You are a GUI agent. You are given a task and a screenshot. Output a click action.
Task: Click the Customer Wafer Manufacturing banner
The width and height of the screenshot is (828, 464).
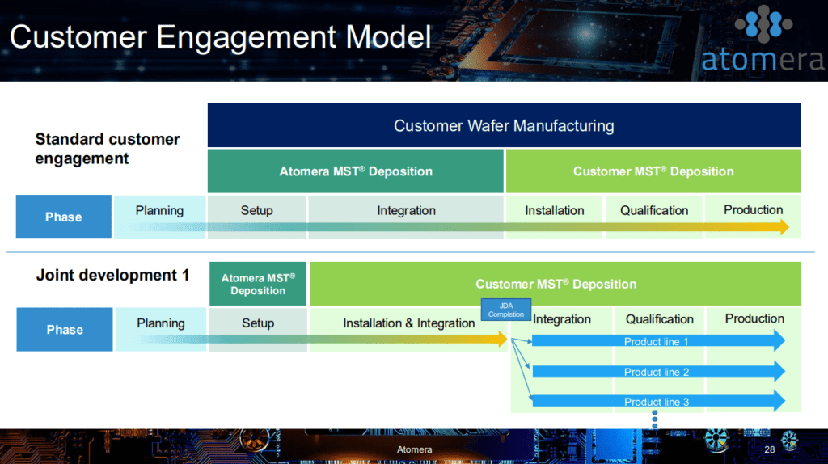504,125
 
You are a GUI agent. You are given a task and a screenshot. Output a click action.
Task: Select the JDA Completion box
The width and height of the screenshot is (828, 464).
506,310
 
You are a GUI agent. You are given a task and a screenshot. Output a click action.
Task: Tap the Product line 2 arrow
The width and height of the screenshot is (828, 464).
658,372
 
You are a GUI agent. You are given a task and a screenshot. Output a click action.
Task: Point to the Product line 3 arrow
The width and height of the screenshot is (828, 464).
658,402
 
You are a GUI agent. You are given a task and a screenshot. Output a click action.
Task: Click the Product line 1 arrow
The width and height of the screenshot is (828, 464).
658,341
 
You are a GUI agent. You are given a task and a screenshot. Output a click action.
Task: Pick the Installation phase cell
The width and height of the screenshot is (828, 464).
554,217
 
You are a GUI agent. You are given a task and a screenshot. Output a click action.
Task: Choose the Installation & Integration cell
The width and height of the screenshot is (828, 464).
408,329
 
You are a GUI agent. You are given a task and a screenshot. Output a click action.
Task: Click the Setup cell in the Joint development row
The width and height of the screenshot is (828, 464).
258,329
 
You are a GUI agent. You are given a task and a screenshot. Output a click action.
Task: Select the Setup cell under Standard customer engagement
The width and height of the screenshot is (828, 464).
256,217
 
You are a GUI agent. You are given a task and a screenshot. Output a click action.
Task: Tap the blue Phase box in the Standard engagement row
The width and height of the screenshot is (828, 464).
63,217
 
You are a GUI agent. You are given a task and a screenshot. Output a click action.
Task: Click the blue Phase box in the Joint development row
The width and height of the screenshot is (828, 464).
65,329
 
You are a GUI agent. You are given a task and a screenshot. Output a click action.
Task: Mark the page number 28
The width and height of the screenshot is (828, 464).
770,449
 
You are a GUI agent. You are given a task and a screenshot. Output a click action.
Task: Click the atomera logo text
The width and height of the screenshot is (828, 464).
762,59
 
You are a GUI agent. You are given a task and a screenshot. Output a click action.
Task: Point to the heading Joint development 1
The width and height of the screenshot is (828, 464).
112,275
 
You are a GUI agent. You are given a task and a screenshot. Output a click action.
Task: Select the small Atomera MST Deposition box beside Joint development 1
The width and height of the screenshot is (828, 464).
258,284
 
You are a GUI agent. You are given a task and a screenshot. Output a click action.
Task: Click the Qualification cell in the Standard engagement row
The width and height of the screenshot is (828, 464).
653,217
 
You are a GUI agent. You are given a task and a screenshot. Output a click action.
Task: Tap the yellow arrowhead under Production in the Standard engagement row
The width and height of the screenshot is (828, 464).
783,227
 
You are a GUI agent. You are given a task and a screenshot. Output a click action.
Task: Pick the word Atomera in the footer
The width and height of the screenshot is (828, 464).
415,449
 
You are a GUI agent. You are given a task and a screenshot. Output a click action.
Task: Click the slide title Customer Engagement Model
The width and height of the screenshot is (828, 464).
220,37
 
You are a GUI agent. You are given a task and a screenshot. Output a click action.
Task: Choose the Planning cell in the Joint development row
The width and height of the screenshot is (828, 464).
161,329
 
